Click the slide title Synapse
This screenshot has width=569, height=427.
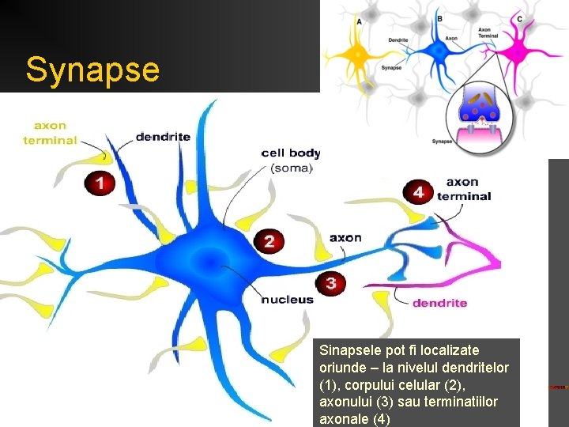92,70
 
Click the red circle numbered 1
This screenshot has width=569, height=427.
100,183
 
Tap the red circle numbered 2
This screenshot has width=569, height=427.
269,242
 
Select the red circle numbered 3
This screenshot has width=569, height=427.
330,283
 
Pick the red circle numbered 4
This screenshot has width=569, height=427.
418,192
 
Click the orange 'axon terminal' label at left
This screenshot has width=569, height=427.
51,133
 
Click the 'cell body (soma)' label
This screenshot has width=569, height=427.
291,160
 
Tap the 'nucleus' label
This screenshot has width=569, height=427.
288,300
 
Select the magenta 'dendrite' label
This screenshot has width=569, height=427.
440,302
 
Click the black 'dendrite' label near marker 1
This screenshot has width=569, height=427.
163,137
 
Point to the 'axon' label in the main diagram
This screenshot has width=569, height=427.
345,237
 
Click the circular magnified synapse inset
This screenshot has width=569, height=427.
480,117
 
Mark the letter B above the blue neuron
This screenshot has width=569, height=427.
439,17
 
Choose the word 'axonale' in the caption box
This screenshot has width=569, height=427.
344,419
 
